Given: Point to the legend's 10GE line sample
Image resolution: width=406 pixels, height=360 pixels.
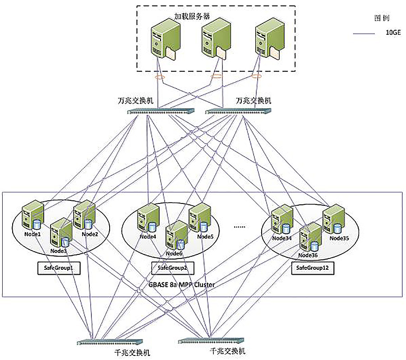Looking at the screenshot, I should click(364, 33).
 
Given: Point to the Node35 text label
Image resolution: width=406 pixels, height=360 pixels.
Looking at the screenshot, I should click(339, 238).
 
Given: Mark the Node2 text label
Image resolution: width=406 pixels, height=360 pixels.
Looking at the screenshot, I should click(90, 234).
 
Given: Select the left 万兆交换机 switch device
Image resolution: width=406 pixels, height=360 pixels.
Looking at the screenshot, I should click(160, 111).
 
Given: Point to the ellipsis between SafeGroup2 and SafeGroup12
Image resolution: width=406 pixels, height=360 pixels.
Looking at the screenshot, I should click(240, 226).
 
